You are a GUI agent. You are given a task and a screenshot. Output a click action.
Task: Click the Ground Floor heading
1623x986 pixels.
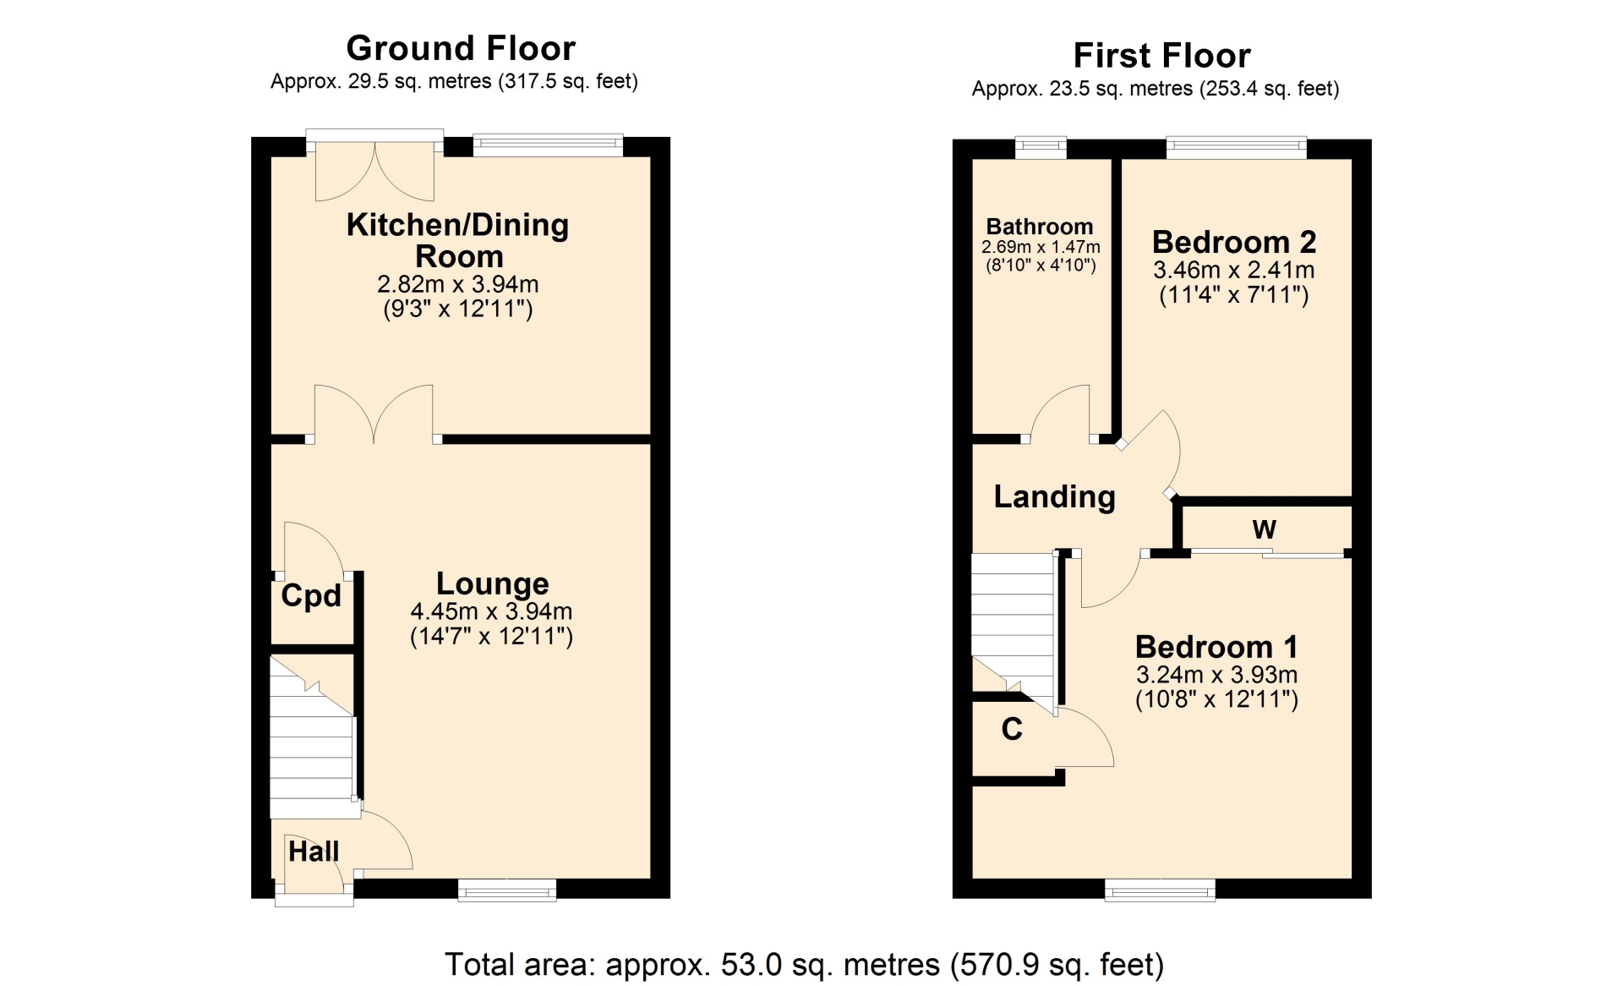461,48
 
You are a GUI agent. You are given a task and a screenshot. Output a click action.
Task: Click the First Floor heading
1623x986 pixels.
1161,56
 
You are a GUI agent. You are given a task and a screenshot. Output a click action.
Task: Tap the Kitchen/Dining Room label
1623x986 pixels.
458,240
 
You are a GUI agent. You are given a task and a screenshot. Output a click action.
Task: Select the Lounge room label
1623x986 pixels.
493,583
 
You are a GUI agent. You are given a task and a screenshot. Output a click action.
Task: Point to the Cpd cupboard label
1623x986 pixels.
311,596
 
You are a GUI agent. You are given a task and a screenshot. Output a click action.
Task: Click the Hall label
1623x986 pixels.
314,852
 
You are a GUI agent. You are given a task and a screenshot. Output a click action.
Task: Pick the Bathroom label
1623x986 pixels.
1040,227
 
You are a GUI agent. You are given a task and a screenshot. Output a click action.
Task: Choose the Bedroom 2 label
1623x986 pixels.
1234,243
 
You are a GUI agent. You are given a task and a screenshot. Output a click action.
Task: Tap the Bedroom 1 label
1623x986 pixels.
1216,647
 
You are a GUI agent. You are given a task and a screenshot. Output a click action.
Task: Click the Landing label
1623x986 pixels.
1055,497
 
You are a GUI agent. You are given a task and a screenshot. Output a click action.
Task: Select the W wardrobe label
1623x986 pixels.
1264,529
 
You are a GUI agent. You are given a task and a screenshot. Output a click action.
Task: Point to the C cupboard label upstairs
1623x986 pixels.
1012,729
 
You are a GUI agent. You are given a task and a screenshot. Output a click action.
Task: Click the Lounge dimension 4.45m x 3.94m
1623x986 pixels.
492,611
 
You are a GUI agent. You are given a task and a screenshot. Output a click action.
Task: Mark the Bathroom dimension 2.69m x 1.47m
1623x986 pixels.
1041,247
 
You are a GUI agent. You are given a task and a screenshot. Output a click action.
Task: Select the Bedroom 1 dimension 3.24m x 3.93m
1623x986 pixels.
1216,675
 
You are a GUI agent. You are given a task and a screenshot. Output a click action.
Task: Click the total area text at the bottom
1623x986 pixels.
805,965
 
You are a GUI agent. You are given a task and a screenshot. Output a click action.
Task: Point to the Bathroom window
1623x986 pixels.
1041,148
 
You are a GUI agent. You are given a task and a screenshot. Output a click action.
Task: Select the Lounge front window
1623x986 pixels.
507,890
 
